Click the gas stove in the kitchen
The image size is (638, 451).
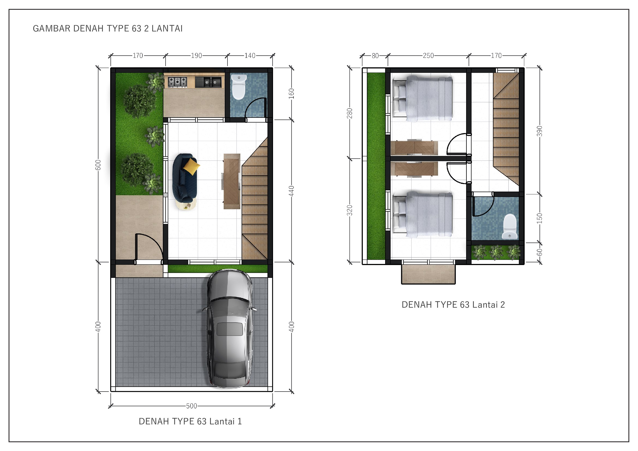coord(177,82)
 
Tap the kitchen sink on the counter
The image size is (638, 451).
coord(208,82)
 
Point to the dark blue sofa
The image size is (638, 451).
coord(184,178)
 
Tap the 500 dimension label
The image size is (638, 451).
coord(191,406)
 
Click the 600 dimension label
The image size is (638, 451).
coord(98,165)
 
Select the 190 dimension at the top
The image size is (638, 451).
coord(196,56)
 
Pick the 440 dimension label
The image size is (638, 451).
coord(292,191)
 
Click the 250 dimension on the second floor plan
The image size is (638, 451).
coord(428,56)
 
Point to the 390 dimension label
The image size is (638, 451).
coord(539,131)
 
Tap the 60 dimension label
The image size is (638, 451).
coord(539,252)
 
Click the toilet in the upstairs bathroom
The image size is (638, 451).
coord(510,226)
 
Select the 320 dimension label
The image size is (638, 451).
coord(350,211)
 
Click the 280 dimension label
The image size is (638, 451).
coord(350,113)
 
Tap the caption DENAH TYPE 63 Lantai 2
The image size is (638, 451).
coord(453,305)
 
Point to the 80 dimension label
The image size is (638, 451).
coord(375,56)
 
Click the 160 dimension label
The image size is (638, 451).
coord(292,94)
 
